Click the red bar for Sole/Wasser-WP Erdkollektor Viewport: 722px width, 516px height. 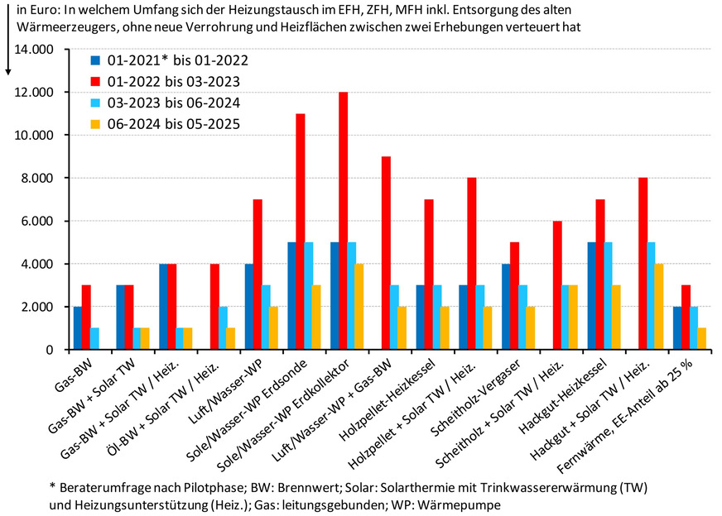(343, 221)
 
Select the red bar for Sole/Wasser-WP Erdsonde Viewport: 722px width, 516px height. (300, 232)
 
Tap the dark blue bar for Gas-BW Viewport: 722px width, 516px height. (78, 327)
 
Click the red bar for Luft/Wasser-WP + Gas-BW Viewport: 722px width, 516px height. (386, 253)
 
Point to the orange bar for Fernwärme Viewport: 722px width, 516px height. (703, 338)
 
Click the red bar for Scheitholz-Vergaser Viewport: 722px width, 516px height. (514, 296)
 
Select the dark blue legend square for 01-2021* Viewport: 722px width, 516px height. (95, 60)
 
